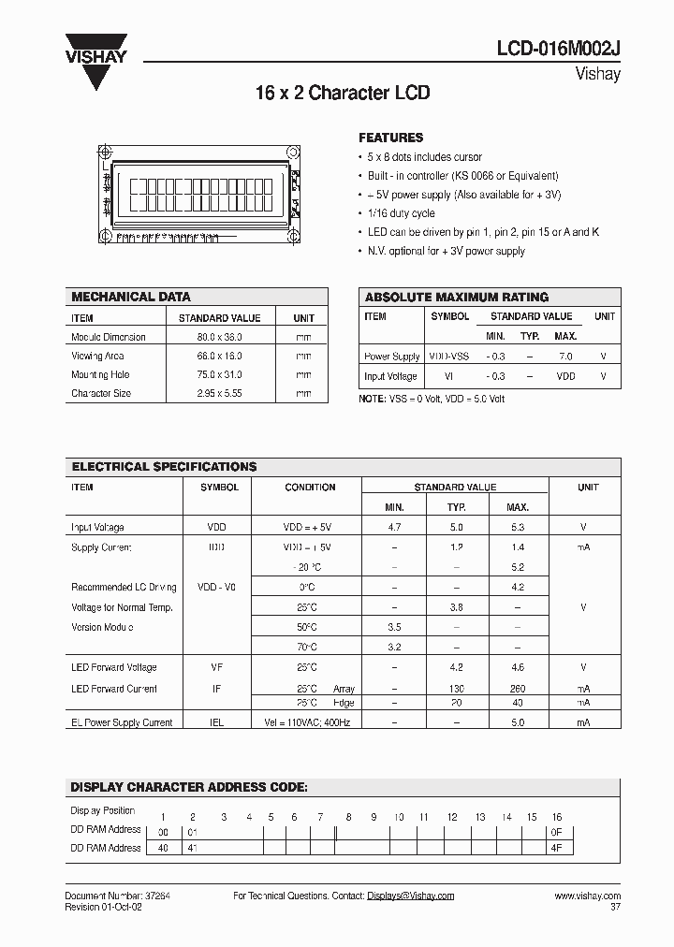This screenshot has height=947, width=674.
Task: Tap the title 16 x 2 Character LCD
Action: click(x=342, y=94)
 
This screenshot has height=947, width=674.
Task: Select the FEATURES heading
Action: click(x=390, y=138)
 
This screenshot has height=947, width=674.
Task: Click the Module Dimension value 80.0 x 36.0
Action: click(x=219, y=337)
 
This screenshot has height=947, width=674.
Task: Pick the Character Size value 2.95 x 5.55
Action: click(x=219, y=394)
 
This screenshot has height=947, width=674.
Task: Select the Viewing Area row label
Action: click(x=98, y=356)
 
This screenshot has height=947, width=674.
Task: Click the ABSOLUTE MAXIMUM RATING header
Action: click(x=456, y=297)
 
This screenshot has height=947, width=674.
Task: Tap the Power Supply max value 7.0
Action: click(x=564, y=357)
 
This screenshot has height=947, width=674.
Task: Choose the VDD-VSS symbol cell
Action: click(x=450, y=357)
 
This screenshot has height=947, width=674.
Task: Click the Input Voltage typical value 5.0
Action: click(x=456, y=528)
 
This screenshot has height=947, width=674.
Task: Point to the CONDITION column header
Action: click(x=310, y=488)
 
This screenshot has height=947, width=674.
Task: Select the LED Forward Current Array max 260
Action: click(x=517, y=689)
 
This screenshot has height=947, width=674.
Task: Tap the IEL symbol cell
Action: click(x=216, y=722)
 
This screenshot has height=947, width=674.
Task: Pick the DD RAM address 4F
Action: click(x=556, y=848)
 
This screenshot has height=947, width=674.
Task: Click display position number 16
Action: click(x=556, y=817)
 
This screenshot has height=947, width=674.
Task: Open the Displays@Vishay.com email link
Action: click(x=410, y=896)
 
